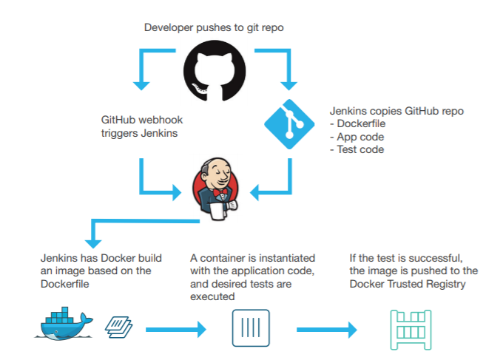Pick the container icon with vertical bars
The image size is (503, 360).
[251, 328]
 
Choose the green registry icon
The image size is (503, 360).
[409, 328]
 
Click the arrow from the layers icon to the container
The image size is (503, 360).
[175, 328]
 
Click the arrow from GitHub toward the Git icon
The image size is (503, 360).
[277, 62]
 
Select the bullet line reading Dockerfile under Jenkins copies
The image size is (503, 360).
[359, 124]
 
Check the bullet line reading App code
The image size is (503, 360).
[356, 137]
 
